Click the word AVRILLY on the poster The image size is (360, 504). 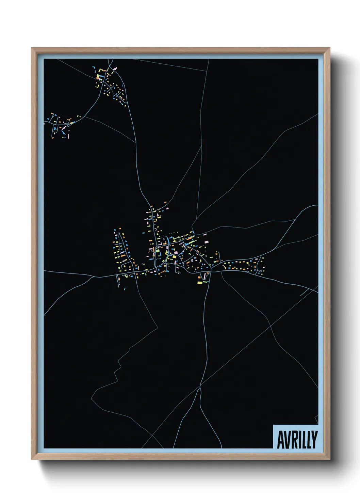coord(297,440)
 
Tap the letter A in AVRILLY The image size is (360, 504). coord(281,440)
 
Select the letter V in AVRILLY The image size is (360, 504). coord(289,440)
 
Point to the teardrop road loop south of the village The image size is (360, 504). coord(205,275)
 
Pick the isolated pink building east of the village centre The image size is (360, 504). coord(207,241)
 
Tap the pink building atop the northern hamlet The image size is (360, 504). coord(115,69)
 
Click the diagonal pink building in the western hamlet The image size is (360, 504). coord(63,128)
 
